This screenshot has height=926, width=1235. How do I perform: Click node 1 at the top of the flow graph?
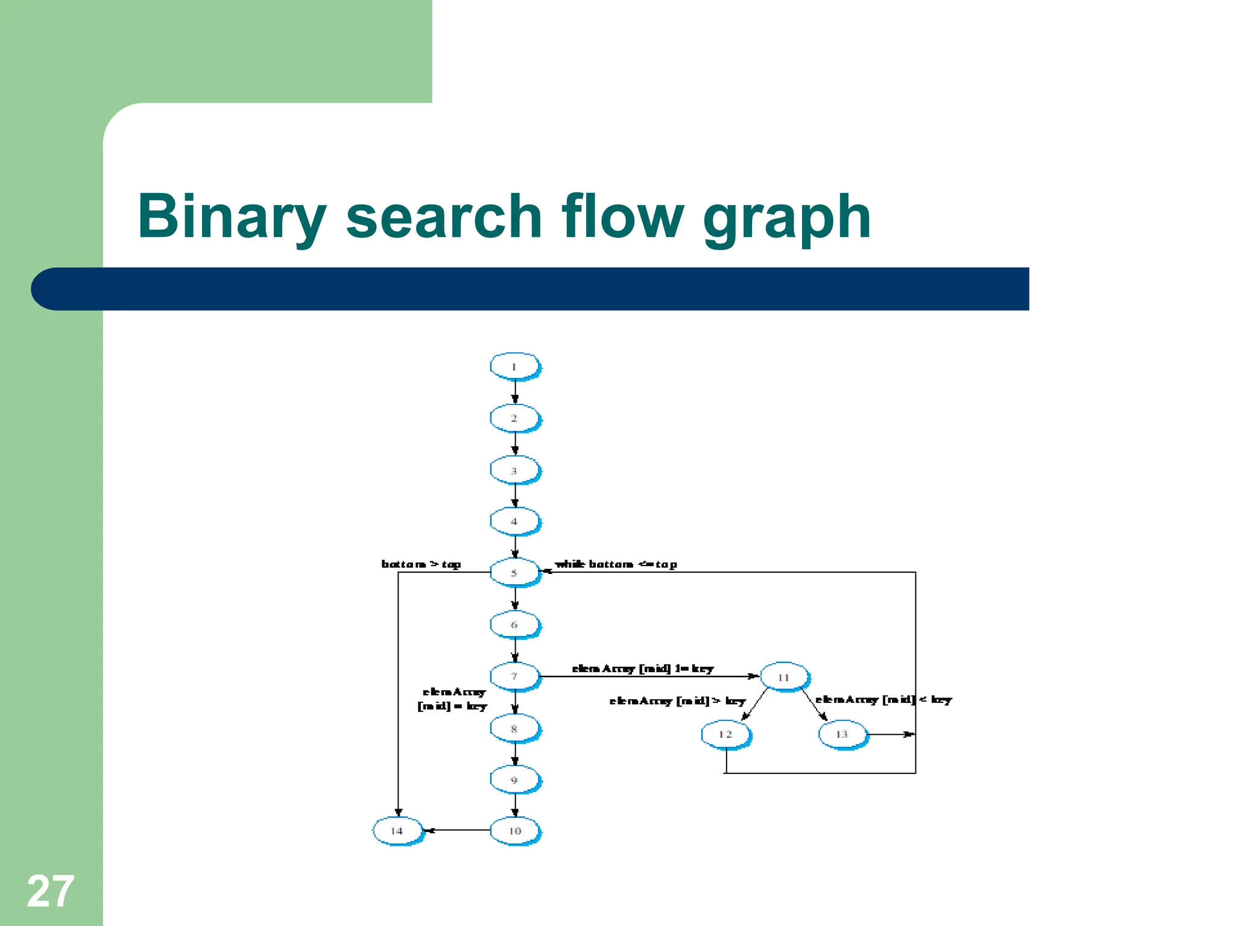coord(514,367)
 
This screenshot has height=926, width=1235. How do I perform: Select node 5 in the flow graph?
coord(514,572)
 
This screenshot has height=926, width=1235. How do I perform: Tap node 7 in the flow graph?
coord(514,676)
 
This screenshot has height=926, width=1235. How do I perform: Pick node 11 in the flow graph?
coord(784,677)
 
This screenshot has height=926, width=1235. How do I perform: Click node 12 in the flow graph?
coord(725,734)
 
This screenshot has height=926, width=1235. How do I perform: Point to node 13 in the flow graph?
coord(842,734)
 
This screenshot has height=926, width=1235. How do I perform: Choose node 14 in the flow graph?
coord(397,831)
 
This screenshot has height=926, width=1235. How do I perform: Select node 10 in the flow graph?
coord(514,831)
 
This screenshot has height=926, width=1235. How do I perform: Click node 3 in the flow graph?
coord(514,470)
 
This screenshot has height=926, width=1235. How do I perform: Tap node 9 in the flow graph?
coord(514,780)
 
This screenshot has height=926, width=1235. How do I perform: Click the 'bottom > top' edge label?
coord(421,564)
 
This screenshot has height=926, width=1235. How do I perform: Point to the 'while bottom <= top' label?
coord(616,564)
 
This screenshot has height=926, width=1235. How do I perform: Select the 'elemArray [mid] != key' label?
coord(642,669)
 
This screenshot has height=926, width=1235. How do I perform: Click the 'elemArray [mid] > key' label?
coord(677,701)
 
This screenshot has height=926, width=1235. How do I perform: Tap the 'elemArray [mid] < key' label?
coord(883,699)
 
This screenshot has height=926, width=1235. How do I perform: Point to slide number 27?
coord(50,891)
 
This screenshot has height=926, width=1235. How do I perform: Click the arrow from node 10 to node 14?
coord(457,830)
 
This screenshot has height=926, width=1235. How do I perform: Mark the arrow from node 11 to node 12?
coord(754,704)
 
